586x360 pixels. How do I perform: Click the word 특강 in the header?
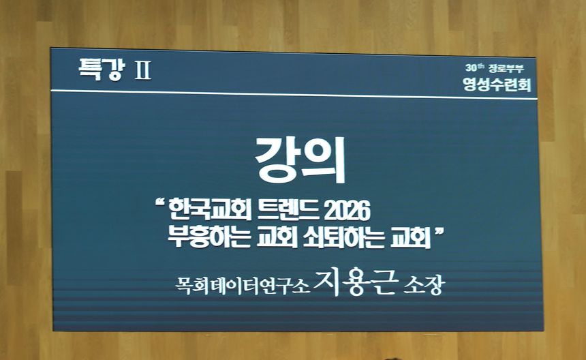click(x=101, y=69)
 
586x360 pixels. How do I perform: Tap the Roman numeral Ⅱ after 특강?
click(x=143, y=70)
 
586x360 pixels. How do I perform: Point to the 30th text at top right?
click(x=475, y=68)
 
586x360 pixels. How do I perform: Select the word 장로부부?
click(x=506, y=69)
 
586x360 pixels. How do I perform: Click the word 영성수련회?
click(x=497, y=85)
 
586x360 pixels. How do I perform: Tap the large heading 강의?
click(x=300, y=160)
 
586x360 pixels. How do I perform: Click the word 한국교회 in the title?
click(x=210, y=211)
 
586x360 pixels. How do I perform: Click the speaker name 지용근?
click(x=355, y=282)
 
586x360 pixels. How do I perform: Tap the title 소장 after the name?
click(x=424, y=286)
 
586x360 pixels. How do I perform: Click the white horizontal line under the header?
click(x=294, y=95)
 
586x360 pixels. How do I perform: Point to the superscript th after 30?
click(x=481, y=66)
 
